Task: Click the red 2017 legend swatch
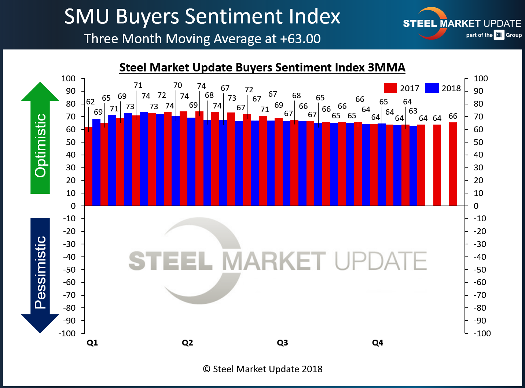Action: click(390, 88)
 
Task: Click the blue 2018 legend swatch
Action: click(432, 88)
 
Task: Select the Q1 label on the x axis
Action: click(92, 343)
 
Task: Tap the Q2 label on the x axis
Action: click(187, 343)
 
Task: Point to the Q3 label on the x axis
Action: click(282, 343)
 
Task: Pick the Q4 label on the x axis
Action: click(378, 343)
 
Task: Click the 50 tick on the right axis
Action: click(478, 142)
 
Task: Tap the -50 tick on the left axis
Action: click(69, 270)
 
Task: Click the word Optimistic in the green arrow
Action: click(40, 145)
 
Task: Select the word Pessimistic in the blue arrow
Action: click(40, 272)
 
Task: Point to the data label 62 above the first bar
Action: click(90, 102)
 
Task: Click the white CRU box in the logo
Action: click(499, 35)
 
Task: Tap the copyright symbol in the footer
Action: click(207, 369)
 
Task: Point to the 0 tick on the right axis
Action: click(476, 206)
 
